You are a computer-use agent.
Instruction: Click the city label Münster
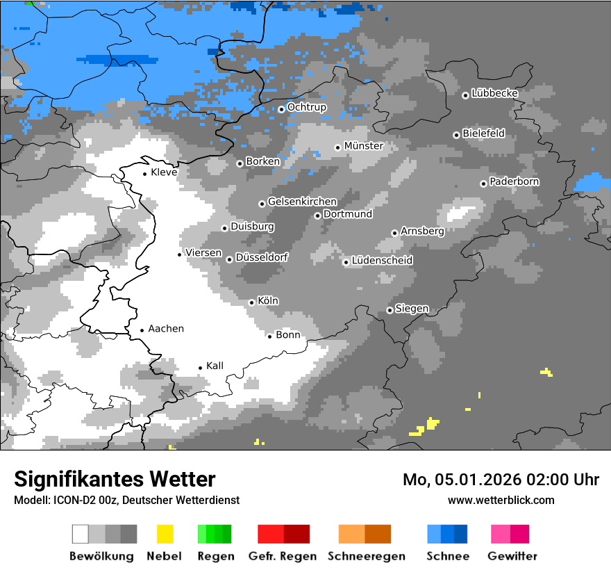[x=364, y=146]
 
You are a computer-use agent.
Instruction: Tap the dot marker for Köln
[x=251, y=302]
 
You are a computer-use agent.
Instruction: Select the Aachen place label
[x=166, y=329]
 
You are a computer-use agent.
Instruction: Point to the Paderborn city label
[x=514, y=182]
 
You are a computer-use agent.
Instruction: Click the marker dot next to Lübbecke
[x=465, y=95]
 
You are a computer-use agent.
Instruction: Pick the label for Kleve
[x=164, y=172]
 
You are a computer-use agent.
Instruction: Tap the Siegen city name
[x=412, y=309]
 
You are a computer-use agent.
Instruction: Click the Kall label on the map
[x=215, y=366]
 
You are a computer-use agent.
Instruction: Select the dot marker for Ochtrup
[x=281, y=109]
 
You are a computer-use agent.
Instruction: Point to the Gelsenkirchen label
[x=302, y=202]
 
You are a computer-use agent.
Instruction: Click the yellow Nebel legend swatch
[x=165, y=534]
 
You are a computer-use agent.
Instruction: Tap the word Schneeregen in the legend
[x=367, y=556]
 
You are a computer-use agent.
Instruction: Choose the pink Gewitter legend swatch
[x=501, y=534]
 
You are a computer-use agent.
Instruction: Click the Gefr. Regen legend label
[x=283, y=556]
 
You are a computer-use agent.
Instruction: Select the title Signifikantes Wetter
[x=115, y=479]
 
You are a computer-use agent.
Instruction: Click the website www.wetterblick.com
[x=501, y=500]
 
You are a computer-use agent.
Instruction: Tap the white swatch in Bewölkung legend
[x=81, y=534]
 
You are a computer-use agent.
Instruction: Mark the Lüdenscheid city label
[x=382, y=261]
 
